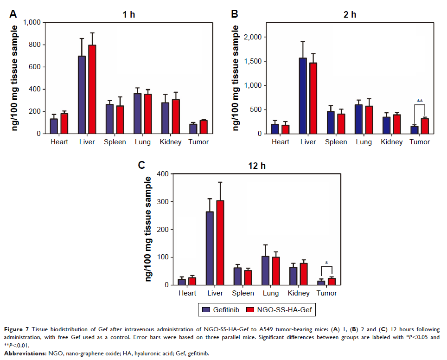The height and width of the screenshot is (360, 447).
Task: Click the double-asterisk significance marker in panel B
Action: tap(420, 101)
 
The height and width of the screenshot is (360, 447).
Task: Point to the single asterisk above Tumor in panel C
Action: tap(326, 264)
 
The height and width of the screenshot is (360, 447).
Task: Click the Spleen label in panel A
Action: tap(115, 142)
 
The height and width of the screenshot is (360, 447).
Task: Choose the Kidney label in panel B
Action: tap(391, 142)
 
